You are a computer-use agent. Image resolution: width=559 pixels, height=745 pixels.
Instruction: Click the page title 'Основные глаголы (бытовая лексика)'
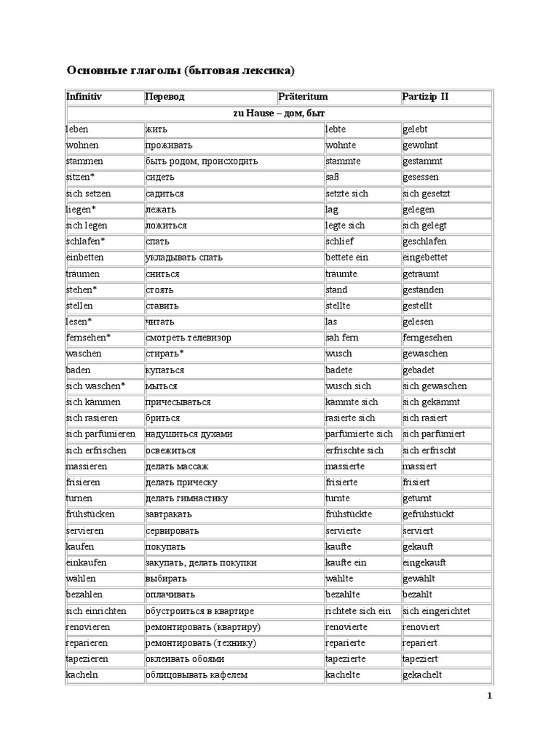(181, 71)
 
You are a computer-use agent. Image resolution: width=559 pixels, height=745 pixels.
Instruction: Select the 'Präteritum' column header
(303, 97)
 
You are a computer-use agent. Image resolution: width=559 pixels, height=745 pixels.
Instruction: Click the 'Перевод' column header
(165, 97)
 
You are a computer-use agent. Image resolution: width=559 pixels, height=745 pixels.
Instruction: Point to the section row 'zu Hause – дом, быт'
(279, 113)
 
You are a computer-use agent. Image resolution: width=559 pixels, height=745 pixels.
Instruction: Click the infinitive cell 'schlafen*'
(85, 242)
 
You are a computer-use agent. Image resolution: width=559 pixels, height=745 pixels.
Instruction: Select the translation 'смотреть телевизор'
(189, 338)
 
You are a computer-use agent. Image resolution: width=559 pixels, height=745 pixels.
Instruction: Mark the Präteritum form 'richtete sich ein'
(358, 611)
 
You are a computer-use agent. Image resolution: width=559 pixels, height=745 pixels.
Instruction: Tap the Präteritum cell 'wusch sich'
(348, 386)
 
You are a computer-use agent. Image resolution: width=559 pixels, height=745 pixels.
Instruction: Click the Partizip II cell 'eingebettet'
(425, 258)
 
